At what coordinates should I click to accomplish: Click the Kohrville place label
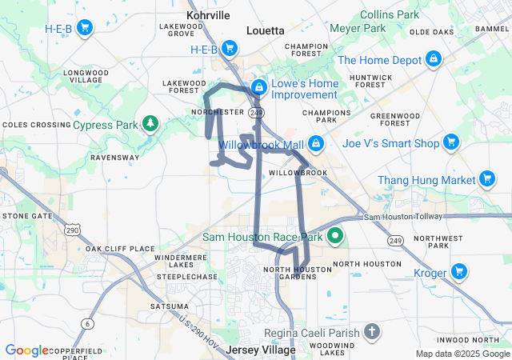[208, 15]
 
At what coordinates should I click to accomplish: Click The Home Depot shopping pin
[434, 59]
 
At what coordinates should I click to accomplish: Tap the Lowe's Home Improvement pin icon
[259, 87]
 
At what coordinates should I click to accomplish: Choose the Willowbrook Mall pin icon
[316, 143]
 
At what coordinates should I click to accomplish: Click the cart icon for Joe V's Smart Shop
[451, 143]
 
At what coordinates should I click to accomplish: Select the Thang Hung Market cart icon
[486, 180]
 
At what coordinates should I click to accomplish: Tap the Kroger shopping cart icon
[459, 273]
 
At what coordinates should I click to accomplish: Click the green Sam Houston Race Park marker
[335, 237]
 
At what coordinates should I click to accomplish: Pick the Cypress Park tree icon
[150, 123]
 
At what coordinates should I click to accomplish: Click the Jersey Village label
[261, 350]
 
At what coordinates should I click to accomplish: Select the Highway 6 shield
[86, 322]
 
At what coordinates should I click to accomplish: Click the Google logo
[26, 350]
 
